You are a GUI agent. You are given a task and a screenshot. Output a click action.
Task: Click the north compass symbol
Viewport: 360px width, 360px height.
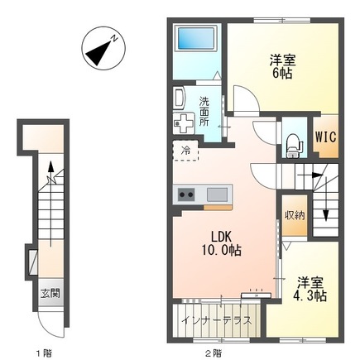(x=103, y=48)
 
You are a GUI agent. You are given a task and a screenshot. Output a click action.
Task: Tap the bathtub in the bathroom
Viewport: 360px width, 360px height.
(x=196, y=38)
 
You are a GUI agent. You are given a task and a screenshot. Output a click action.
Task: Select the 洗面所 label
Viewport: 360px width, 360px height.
(x=204, y=112)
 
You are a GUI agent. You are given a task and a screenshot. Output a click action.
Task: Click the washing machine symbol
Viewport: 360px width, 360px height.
(x=185, y=123)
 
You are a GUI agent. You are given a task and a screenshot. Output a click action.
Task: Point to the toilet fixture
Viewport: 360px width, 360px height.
(x=294, y=145)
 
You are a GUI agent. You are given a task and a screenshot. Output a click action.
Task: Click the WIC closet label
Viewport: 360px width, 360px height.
(x=326, y=137)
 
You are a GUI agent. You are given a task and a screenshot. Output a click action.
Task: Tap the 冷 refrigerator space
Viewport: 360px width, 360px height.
(x=185, y=151)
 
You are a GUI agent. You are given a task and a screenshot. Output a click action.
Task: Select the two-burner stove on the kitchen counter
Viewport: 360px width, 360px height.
(x=186, y=194)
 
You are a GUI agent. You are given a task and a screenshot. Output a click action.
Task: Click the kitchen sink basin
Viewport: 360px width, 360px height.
(x=217, y=194)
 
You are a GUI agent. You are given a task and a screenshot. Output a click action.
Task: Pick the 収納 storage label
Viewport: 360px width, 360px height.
(x=295, y=215)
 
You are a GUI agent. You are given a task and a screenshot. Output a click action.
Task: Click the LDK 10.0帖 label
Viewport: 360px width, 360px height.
(x=222, y=243)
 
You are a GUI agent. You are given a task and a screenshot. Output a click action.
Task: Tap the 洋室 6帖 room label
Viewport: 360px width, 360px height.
(x=283, y=66)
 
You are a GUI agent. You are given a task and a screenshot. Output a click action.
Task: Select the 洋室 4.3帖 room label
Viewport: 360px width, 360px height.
(x=310, y=289)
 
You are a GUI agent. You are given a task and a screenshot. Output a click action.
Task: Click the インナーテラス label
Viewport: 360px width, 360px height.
(x=217, y=320)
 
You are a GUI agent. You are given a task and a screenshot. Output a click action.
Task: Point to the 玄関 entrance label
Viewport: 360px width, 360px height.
(x=50, y=293)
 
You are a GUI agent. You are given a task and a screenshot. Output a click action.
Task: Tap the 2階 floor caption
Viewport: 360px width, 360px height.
(x=214, y=353)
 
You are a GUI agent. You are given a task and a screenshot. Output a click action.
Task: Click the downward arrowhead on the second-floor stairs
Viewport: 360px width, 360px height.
(x=326, y=216)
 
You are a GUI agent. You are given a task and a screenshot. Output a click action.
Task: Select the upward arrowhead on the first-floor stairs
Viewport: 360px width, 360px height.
(x=50, y=166)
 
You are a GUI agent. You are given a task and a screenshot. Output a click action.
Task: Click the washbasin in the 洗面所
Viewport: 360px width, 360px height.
(x=180, y=98)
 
